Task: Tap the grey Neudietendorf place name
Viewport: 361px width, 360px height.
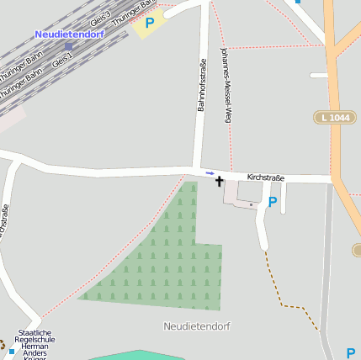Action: pos(197,325)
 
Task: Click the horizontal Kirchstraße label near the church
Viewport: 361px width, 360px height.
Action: pos(266,177)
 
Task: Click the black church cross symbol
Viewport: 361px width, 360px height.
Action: pos(220,181)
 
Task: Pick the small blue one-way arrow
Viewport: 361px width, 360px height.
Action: pos(210,173)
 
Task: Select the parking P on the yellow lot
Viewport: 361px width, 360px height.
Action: pos(150,24)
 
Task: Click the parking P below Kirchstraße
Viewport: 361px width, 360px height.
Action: pos(272,202)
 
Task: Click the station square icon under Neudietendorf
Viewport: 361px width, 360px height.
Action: pos(68,45)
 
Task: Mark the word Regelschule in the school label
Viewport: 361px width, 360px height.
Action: pos(34,339)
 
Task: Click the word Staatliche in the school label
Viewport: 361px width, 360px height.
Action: pos(34,332)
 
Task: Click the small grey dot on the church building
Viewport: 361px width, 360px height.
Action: pos(251,204)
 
